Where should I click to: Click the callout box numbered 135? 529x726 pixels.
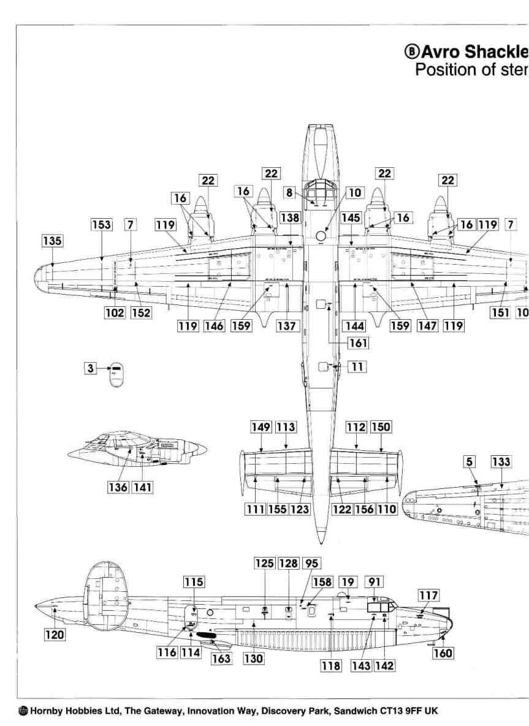point(52,241)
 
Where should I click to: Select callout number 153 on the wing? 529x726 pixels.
point(102,224)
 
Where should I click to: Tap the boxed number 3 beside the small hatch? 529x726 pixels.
point(91,368)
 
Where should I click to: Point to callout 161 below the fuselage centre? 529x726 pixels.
point(357,343)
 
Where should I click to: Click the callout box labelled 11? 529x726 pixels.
point(357,367)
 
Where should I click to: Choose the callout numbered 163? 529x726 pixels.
point(221,659)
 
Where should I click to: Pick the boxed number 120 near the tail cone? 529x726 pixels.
point(55,635)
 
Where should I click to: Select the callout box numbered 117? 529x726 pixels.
point(428,595)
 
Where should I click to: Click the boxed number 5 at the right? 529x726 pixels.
point(470,462)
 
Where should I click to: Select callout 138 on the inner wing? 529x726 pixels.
point(290,218)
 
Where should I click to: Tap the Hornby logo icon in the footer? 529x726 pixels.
point(23,711)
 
